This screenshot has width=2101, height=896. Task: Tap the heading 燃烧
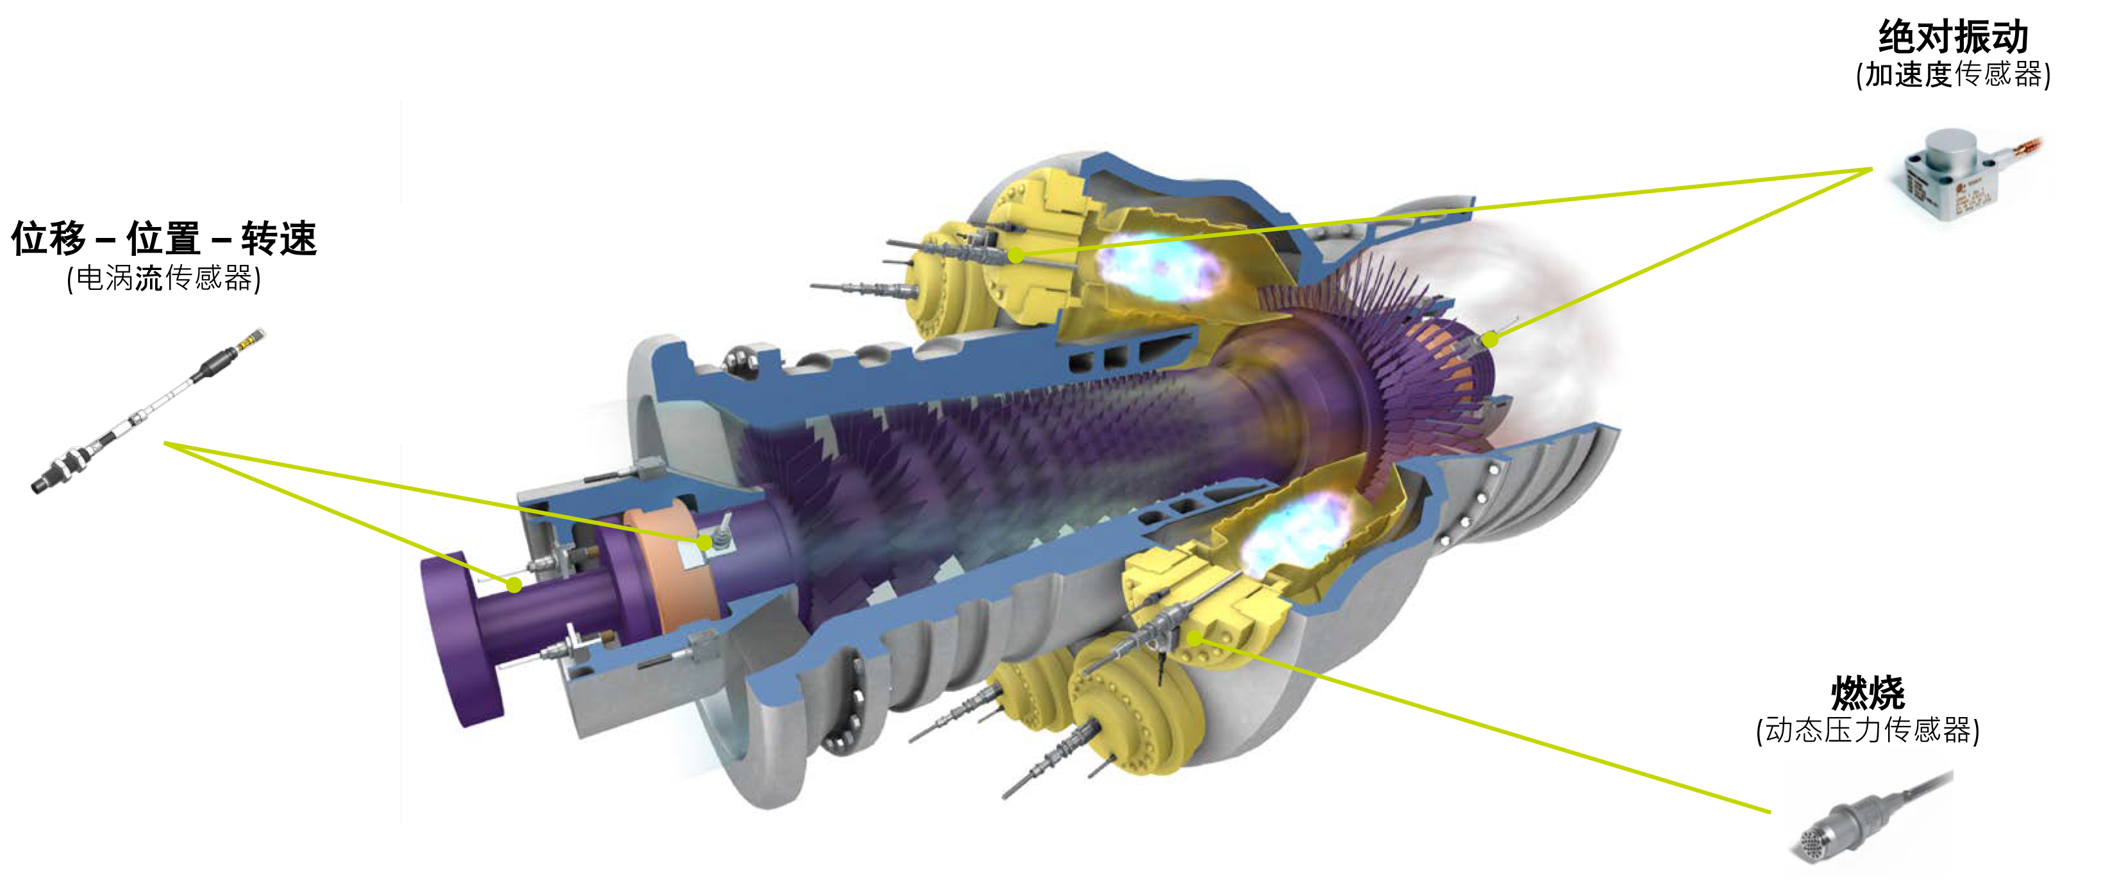1868,693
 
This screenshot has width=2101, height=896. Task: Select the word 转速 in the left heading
279,239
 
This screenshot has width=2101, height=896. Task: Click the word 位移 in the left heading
49,239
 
